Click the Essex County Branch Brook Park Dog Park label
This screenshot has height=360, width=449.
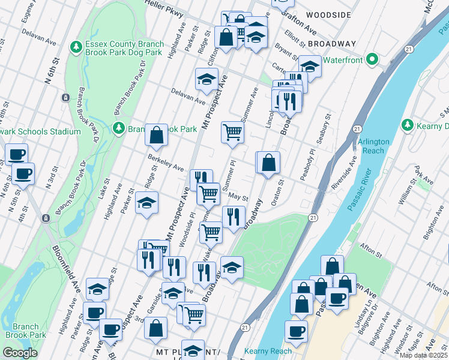[124, 47]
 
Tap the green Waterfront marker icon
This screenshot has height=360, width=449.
[372, 60]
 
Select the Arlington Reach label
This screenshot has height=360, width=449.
[373, 146]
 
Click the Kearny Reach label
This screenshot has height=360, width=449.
[268, 351]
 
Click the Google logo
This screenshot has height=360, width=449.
[20, 353]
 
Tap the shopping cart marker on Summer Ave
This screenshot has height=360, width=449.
[232, 132]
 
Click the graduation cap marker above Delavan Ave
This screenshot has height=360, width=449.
[206, 79]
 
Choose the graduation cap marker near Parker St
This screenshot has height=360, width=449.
[146, 202]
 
